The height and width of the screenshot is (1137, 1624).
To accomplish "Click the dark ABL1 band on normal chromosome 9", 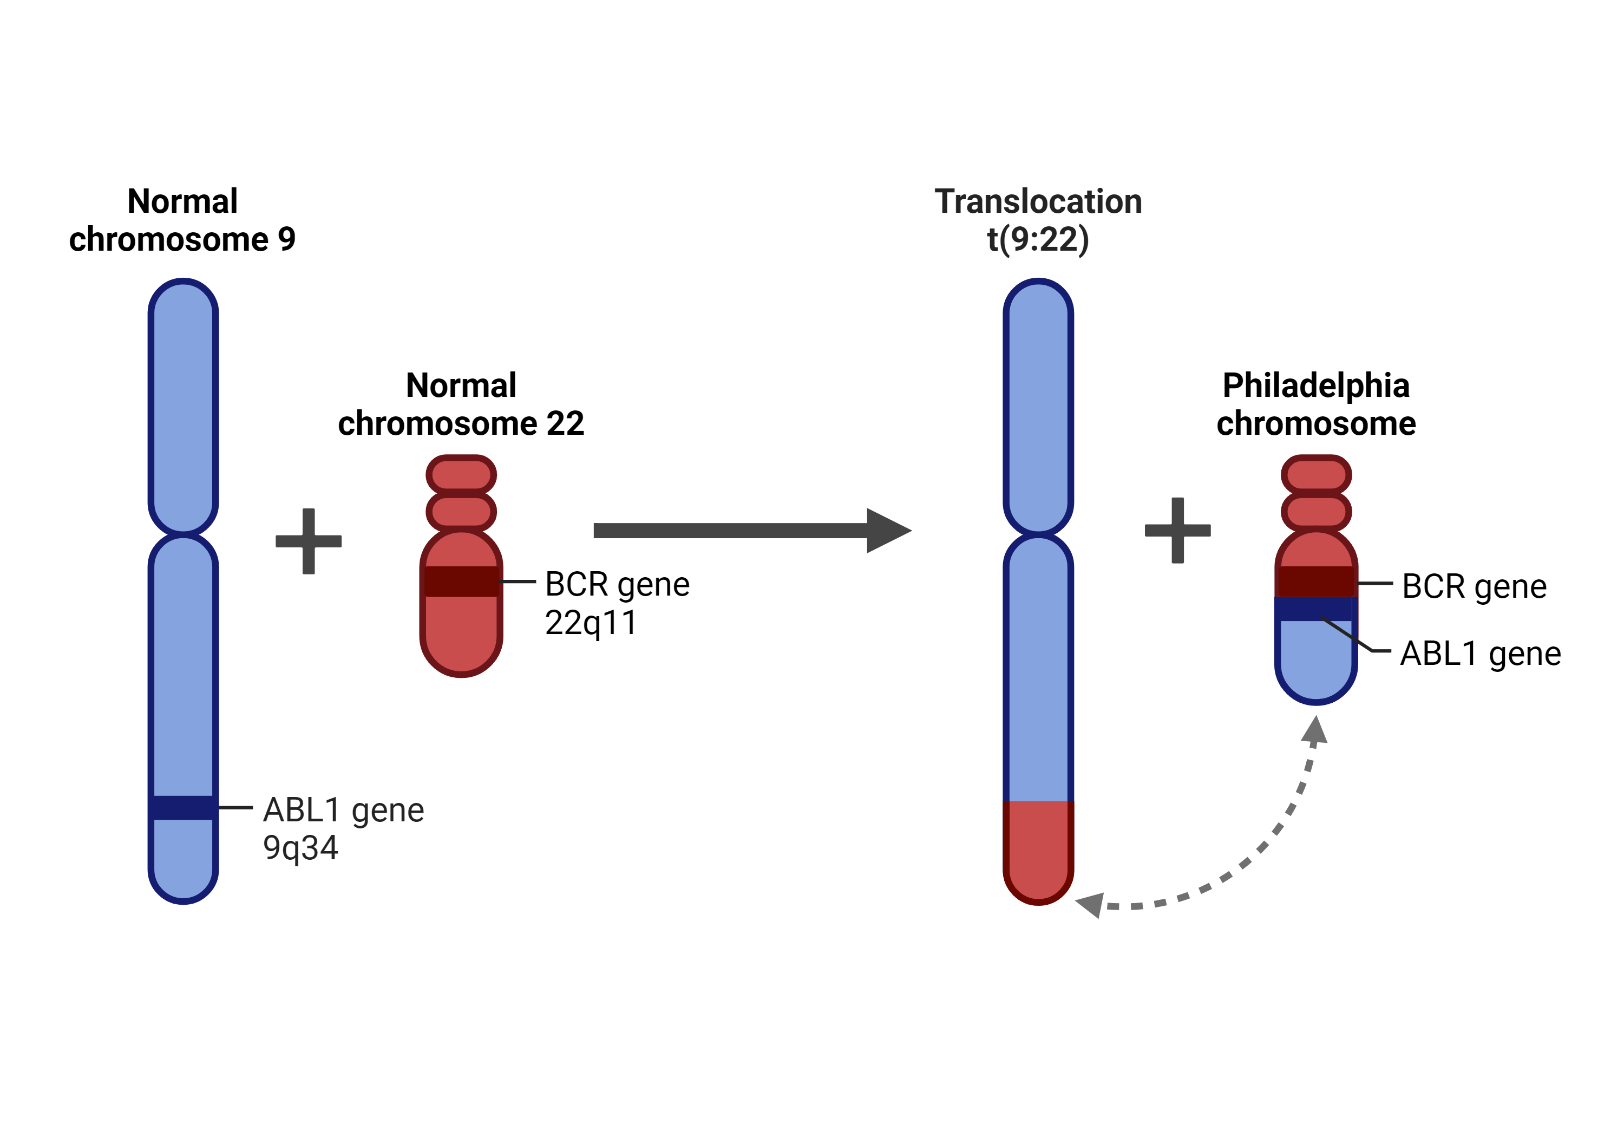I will pyautogui.click(x=183, y=807).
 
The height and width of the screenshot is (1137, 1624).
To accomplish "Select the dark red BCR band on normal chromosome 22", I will pyautogui.click(x=461, y=581).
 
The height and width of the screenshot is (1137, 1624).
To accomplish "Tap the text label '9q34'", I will pyautogui.click(x=300, y=848).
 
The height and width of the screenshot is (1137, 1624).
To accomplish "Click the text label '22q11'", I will pyautogui.click(x=591, y=623).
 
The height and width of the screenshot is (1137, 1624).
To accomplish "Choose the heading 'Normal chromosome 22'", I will pyautogui.click(x=461, y=404).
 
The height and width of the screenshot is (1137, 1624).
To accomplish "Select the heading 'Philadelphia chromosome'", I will pyautogui.click(x=1315, y=404).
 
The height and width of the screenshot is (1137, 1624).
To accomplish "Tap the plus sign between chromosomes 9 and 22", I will pyautogui.click(x=309, y=541).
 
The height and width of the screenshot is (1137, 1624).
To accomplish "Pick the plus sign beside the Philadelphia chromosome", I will pyautogui.click(x=1178, y=530).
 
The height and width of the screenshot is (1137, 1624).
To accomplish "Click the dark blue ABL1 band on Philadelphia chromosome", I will pyautogui.click(x=1315, y=609).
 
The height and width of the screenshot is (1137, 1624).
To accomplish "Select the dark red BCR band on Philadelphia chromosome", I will pyautogui.click(x=1315, y=581).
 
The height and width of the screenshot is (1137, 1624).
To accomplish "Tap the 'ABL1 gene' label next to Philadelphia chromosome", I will pyautogui.click(x=1481, y=654).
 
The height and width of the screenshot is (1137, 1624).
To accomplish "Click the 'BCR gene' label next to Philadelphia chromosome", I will pyautogui.click(x=1474, y=586).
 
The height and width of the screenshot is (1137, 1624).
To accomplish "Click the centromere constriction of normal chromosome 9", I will pyautogui.click(x=183, y=533).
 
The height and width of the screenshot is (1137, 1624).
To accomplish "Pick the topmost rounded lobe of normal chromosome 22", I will pyautogui.click(x=461, y=475).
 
